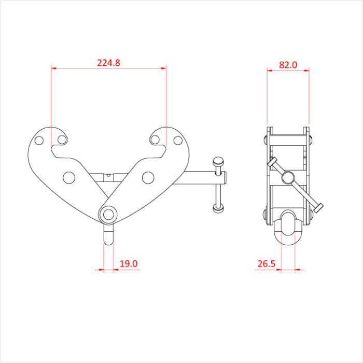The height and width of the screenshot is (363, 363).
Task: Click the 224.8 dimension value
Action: pyautogui.click(x=108, y=63)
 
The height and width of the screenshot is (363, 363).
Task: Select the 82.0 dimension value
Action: pyautogui.click(x=288, y=65)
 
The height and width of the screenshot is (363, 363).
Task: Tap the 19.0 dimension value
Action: pyautogui.click(x=129, y=263)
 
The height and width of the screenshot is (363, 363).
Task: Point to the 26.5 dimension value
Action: pyautogui.click(x=266, y=263)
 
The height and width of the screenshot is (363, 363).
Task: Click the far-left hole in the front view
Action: pyautogui.click(x=38, y=140)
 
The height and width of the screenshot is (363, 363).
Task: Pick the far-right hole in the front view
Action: pyautogui.click(x=178, y=140)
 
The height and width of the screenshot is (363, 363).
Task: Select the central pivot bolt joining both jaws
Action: pyautogui.click(x=108, y=214)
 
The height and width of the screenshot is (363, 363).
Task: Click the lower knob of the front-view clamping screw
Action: pyautogui.click(x=218, y=208)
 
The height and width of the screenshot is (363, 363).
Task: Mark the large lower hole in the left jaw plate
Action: pyautogui.click(x=69, y=177)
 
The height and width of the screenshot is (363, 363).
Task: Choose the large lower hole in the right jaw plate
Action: pyautogui.click(x=148, y=177)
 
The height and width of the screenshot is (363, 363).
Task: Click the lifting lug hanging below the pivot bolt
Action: pyautogui.click(x=108, y=234)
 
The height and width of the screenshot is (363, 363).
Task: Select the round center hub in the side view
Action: pyautogui.click(x=287, y=178)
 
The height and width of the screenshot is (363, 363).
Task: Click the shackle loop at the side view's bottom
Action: pyautogui.click(x=288, y=228)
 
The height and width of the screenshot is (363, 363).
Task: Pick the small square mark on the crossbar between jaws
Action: pyautogui.click(x=108, y=175)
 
